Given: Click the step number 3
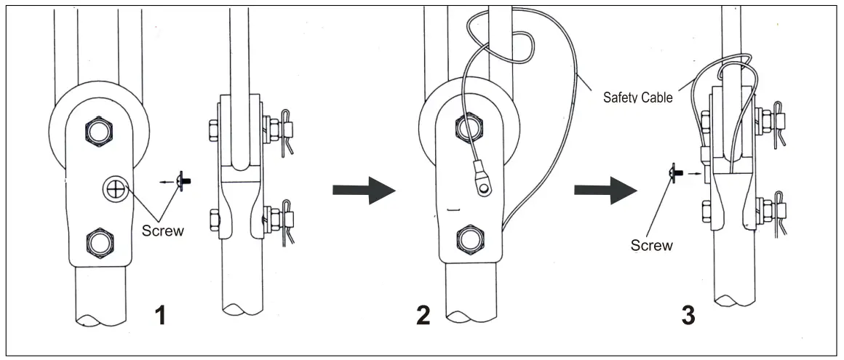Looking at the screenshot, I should click(687, 316).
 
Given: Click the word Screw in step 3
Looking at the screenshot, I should click(651, 245).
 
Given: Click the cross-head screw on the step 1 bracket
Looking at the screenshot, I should click(114, 191).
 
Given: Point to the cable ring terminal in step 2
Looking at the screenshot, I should click(482, 188).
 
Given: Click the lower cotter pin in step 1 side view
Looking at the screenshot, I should click(289, 218).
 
